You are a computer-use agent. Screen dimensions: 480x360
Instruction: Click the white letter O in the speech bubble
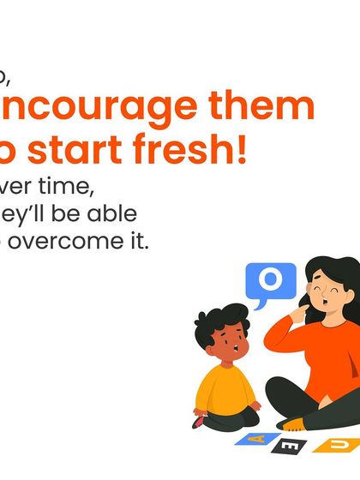pyautogui.click(x=270, y=280)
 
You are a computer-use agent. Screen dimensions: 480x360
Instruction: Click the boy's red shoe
pyautogui.click(x=200, y=422)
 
